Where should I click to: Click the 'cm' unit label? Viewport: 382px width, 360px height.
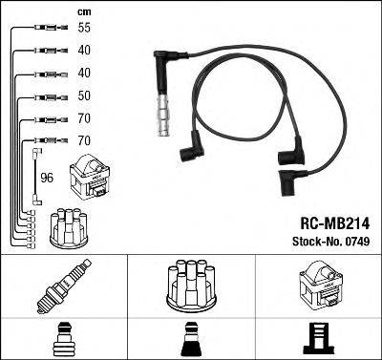pos(56,11)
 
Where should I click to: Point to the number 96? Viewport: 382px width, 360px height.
pos(45,177)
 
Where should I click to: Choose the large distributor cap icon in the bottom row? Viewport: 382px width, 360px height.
pos(189,286)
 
